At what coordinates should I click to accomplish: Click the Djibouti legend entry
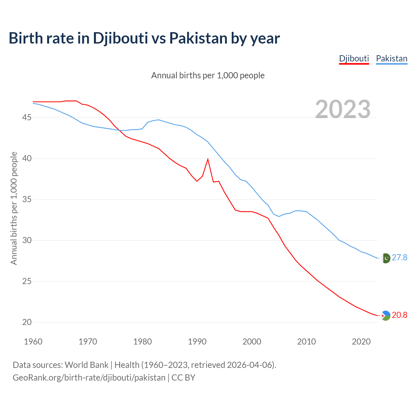tap(354, 58)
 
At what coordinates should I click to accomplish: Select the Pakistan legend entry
tap(392, 58)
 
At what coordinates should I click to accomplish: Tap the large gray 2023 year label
tap(343, 109)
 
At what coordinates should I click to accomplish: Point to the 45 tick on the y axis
tap(27, 117)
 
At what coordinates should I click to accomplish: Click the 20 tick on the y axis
tap(27, 322)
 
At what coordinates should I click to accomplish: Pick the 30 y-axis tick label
tap(27, 240)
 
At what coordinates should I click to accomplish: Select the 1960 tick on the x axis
tap(33, 342)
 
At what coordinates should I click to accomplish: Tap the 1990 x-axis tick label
tap(197, 342)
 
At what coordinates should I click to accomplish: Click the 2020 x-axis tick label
tap(361, 342)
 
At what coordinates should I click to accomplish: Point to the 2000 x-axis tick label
tap(252, 342)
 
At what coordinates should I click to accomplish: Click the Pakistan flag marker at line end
tap(385, 258)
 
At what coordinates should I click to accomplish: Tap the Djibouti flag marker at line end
tap(385, 316)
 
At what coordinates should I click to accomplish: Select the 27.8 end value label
tap(399, 258)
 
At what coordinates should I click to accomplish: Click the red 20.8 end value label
tap(399, 315)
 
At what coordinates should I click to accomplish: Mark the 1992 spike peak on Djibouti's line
tap(208, 159)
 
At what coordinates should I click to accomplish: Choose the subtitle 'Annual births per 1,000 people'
tap(208, 75)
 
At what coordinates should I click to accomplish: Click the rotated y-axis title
tap(14, 208)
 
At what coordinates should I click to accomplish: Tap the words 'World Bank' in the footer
tap(86, 365)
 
